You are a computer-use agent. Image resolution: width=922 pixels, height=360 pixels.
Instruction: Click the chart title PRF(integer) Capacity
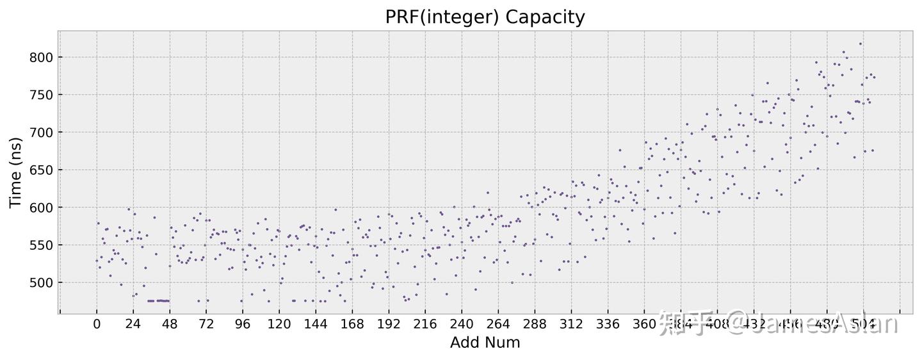[485, 17]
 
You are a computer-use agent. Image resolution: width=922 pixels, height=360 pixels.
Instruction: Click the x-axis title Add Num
[485, 343]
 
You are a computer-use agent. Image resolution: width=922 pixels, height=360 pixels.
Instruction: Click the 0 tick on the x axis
[97, 324]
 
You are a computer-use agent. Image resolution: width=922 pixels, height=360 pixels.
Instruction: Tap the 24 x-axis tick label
[133, 324]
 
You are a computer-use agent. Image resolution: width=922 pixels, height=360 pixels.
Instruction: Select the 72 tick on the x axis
[206, 324]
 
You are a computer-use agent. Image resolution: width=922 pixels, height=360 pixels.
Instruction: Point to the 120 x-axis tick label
[279, 324]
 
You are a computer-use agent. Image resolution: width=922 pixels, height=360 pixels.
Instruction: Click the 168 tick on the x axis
[352, 324]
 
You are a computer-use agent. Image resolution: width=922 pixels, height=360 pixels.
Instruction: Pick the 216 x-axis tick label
[425, 324]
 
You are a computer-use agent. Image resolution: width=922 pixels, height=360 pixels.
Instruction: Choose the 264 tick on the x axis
[498, 324]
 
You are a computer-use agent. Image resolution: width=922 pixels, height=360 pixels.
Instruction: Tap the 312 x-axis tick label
[571, 324]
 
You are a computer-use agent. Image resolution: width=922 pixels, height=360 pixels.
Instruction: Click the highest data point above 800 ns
[861, 44]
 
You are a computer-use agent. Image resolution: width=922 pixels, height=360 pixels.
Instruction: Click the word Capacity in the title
[545, 17]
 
